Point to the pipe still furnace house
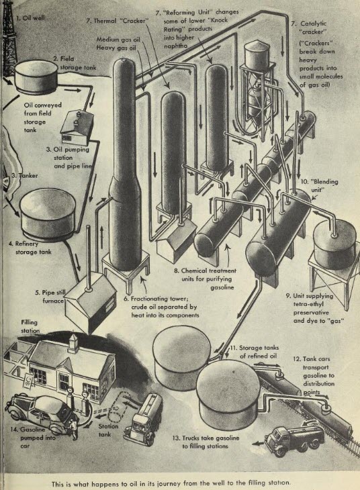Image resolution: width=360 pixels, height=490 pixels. point(87,301)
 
